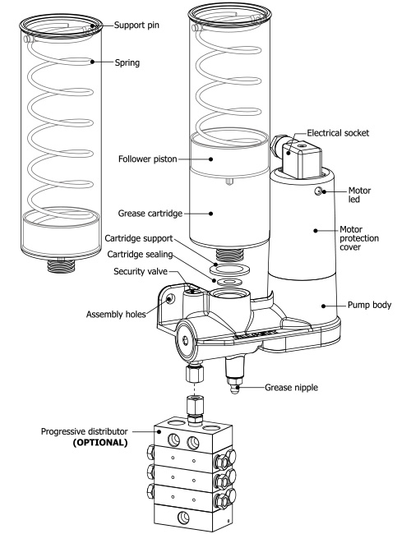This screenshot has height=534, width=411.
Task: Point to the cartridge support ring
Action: pos(224,269)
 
